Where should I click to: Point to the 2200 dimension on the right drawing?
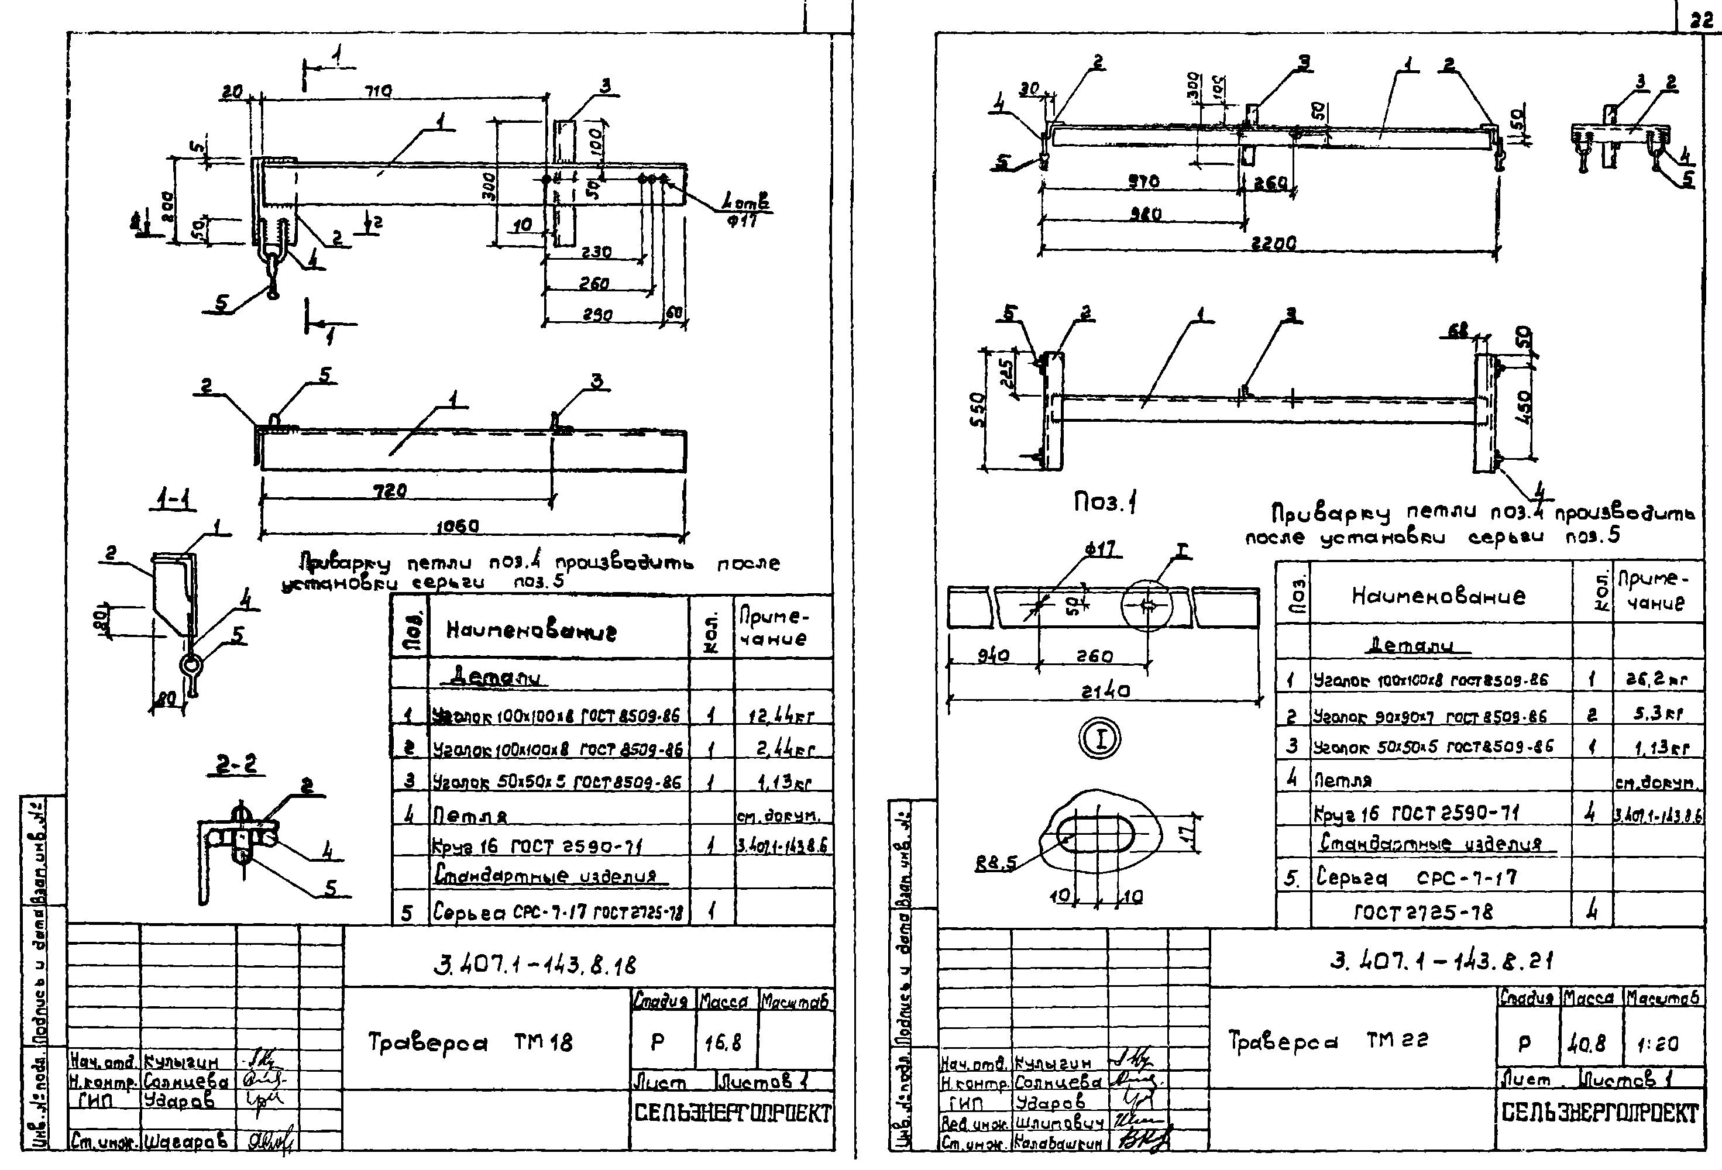[1273, 242]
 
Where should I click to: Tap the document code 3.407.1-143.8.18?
[535, 965]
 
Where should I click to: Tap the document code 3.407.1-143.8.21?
[1441, 961]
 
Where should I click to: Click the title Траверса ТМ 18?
[470, 1042]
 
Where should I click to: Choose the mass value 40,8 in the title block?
[1586, 1043]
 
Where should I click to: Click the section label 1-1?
[173, 501]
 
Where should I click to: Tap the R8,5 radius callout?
[996, 862]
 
